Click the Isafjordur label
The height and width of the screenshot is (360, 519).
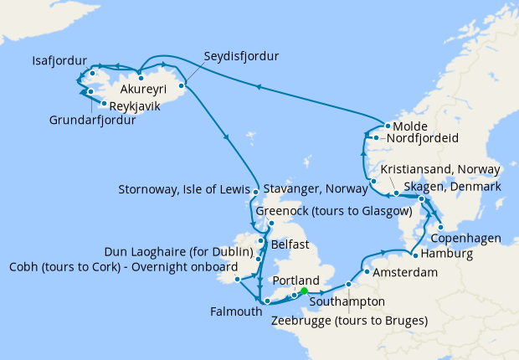tap(58, 61)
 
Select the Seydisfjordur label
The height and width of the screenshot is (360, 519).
tap(241, 56)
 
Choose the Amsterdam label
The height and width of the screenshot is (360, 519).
tap(407, 273)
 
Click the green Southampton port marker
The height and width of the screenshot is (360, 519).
tap(304, 291)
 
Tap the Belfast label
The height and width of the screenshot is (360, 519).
tap(290, 244)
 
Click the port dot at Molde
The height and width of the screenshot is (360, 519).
tap(388, 127)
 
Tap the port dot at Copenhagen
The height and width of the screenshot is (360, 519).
tap(440, 226)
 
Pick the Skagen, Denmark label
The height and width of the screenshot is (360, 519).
tap(452, 187)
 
